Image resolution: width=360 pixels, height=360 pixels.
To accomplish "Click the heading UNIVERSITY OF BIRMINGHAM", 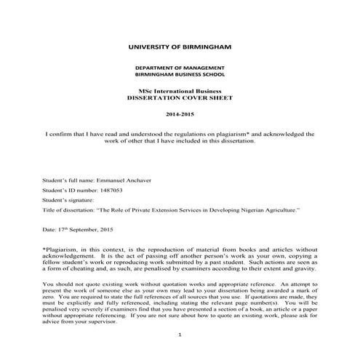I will pos(180,47).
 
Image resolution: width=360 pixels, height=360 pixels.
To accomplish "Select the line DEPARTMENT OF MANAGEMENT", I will pos(180,67).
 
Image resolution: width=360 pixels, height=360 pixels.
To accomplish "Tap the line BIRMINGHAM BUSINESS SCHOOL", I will pos(180,74).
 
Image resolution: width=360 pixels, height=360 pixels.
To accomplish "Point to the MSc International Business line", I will pos(180,89).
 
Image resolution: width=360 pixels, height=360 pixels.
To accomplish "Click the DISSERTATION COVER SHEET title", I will pos(180,96).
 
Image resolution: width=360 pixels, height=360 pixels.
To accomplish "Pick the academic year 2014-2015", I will pos(180,115).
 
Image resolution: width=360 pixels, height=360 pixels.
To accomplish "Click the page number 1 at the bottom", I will pos(180,334).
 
